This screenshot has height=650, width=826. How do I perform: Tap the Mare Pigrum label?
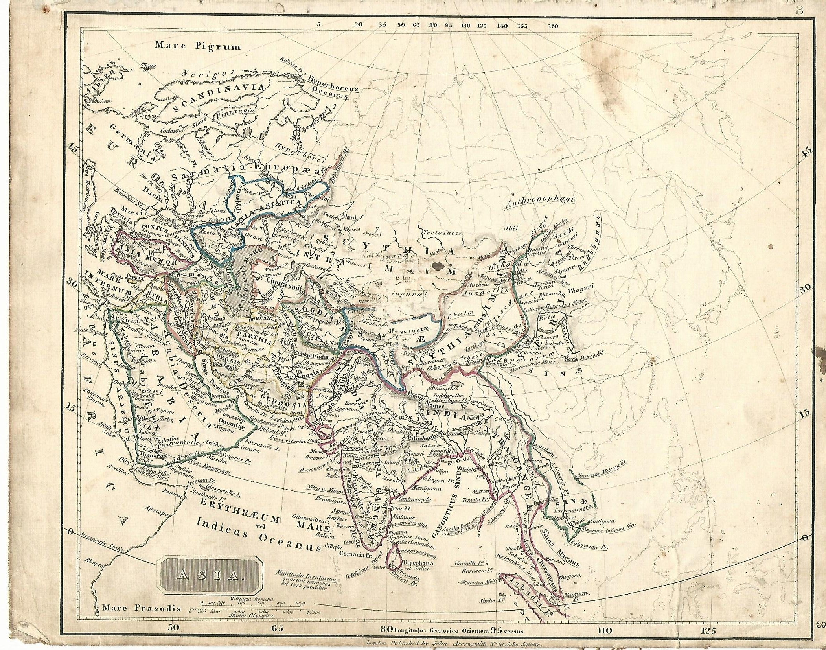pos(197,46)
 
